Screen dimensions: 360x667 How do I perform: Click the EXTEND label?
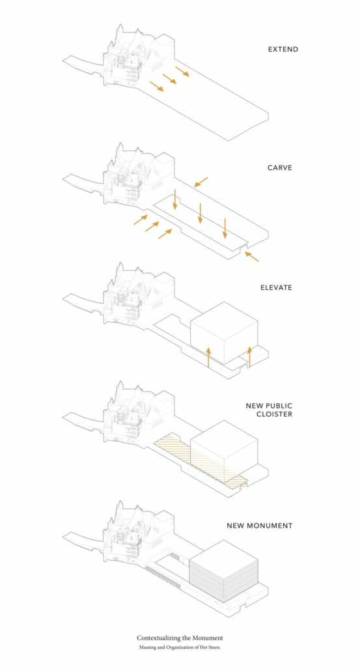(x=283, y=50)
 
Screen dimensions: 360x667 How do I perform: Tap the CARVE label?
(x=280, y=167)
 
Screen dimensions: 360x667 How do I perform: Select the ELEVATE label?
(x=276, y=287)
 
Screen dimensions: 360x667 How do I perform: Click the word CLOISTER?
(x=274, y=414)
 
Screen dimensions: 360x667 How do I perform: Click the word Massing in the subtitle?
(x=146, y=647)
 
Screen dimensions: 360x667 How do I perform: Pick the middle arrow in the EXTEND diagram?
(x=169, y=79)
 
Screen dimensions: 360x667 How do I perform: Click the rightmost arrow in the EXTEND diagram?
(x=182, y=71)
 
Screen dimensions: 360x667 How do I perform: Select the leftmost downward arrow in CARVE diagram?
(x=174, y=199)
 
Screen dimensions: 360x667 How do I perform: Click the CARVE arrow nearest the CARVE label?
(x=201, y=182)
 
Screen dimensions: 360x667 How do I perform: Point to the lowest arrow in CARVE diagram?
(x=252, y=256)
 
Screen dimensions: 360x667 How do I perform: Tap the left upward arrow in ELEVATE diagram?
(x=209, y=357)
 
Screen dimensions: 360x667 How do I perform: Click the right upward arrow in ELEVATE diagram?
(x=249, y=357)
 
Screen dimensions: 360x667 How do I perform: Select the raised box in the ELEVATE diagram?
(x=224, y=333)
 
